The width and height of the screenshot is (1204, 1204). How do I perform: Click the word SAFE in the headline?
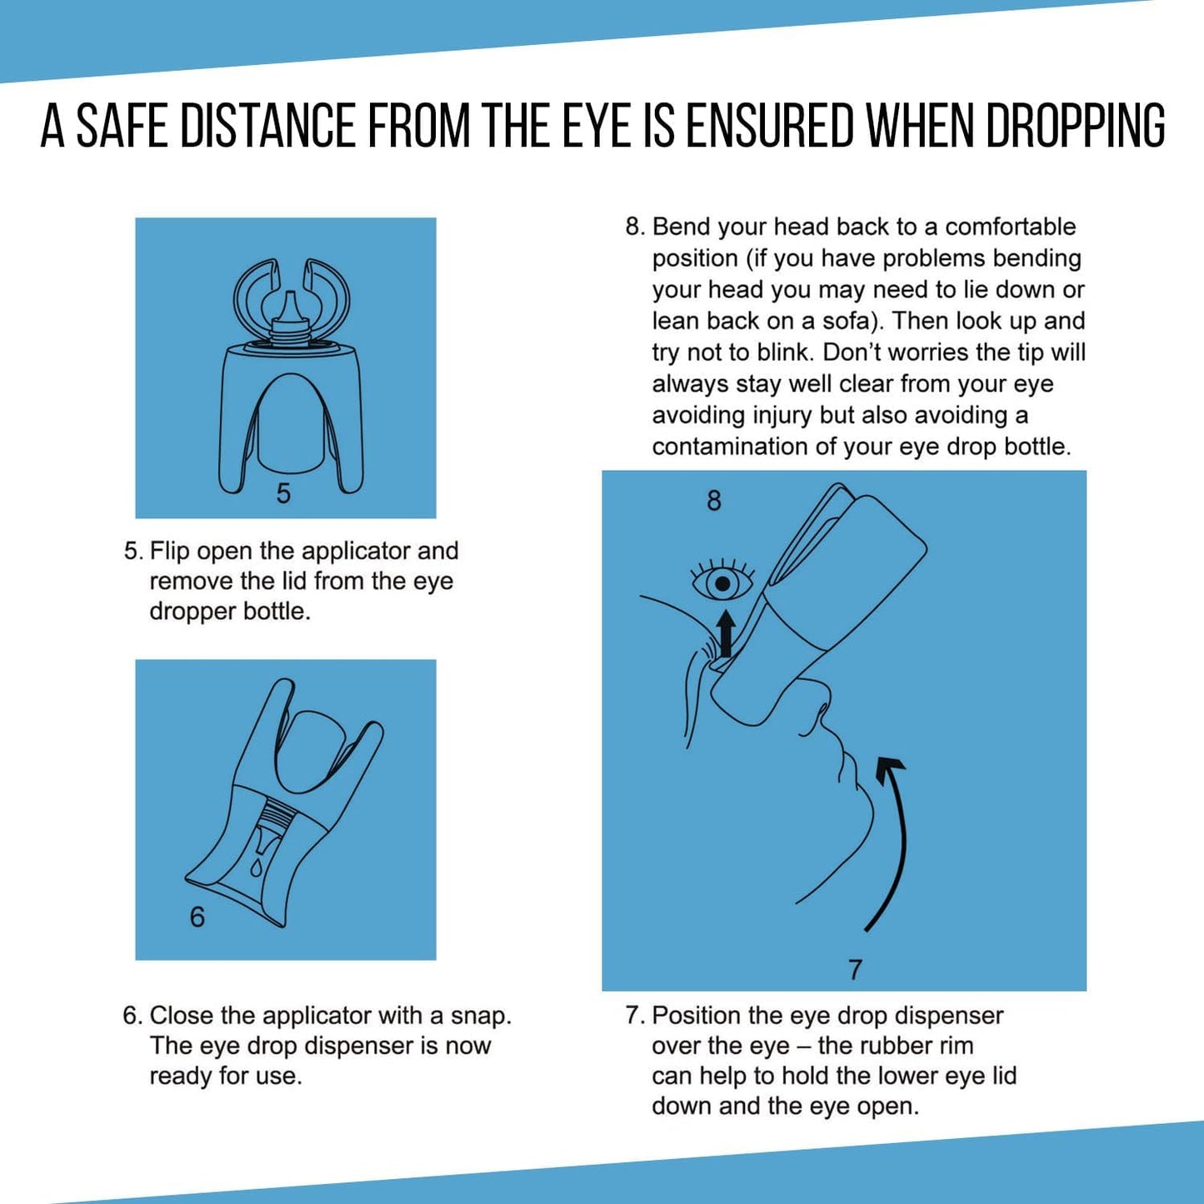122,127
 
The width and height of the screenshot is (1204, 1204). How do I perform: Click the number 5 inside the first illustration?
283,494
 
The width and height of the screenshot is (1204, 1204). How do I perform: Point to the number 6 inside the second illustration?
197,917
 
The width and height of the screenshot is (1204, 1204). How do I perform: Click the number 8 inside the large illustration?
714,501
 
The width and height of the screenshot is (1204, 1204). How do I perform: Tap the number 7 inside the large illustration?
855,970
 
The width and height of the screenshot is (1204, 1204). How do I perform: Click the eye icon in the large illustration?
722,582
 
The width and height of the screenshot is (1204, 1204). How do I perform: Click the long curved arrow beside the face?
893,842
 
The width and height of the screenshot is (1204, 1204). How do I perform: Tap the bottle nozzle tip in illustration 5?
288,305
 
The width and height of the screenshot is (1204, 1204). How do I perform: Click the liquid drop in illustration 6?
257,867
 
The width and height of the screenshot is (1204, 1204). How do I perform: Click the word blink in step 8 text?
785,352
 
